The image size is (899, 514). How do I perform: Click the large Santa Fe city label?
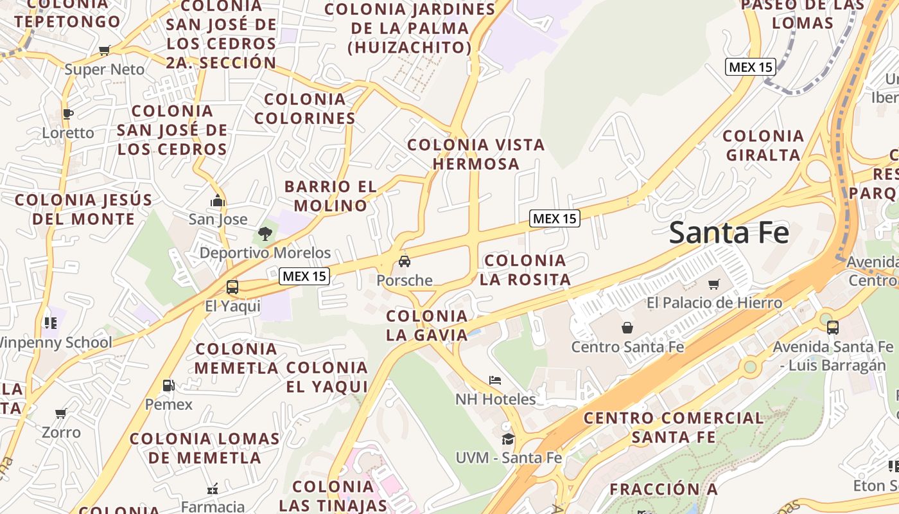729,233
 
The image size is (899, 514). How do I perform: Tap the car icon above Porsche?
405,261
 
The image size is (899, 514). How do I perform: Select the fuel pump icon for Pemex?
168,385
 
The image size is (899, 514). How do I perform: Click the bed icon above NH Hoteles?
495,380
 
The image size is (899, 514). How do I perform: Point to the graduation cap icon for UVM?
508,439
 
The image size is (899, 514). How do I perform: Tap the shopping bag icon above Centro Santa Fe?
627,328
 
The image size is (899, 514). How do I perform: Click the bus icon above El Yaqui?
232,287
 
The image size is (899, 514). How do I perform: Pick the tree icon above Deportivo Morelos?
265,234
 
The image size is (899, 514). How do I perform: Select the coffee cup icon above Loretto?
68,114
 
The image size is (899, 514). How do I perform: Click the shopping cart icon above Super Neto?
105,51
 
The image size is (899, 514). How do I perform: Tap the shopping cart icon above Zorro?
61,413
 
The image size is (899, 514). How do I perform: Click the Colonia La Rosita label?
525,270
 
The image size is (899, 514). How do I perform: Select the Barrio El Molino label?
330,196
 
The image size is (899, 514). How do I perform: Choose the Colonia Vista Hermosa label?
476,154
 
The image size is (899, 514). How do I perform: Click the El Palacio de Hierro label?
714,303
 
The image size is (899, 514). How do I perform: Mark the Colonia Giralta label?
763,145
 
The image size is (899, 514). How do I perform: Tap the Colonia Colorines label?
305,109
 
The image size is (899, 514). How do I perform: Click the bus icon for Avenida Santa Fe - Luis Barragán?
833,328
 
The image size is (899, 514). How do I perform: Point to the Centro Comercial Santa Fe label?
674,427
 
